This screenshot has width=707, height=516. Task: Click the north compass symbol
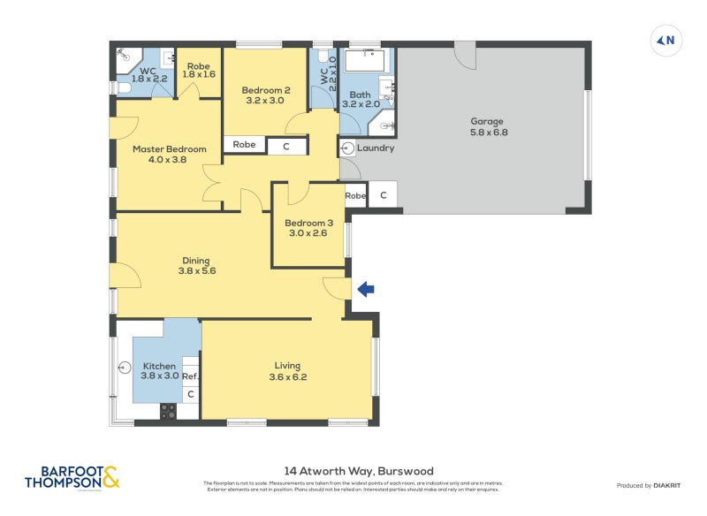(666, 40)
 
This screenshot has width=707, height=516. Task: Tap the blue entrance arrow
(365, 288)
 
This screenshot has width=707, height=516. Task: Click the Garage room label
(488, 126)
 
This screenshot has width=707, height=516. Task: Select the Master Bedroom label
(169, 155)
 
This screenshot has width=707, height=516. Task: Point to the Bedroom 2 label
(266, 95)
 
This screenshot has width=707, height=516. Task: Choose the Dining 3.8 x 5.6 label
(195, 266)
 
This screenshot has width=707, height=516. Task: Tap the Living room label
(287, 371)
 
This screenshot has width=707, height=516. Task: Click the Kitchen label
(159, 371)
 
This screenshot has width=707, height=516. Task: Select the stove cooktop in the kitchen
(168, 411)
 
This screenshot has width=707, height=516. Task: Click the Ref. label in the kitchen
(190, 376)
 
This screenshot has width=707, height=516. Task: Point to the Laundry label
(375, 148)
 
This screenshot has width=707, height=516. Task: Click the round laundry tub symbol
(348, 148)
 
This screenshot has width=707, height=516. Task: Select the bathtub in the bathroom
(364, 60)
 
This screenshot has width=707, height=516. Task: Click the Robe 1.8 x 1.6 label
(199, 70)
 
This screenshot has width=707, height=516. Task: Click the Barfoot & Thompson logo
(72, 477)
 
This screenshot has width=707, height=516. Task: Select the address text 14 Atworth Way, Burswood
(358, 471)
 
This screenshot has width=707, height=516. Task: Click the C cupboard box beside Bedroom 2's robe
(286, 146)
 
